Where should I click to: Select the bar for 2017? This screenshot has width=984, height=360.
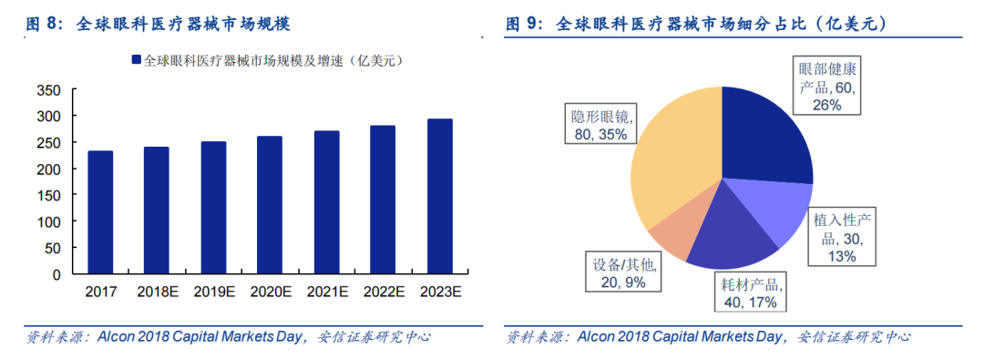(x=100, y=212)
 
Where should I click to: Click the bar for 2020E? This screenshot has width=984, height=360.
(x=270, y=205)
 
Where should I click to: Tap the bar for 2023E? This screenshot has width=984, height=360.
(x=440, y=197)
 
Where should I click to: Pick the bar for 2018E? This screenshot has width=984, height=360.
(x=157, y=211)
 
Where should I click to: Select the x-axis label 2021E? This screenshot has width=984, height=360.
(x=326, y=292)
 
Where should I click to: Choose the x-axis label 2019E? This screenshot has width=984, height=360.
(x=213, y=292)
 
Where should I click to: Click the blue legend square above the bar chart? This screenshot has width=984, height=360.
(x=136, y=60)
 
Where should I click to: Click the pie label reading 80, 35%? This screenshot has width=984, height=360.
(x=600, y=134)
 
